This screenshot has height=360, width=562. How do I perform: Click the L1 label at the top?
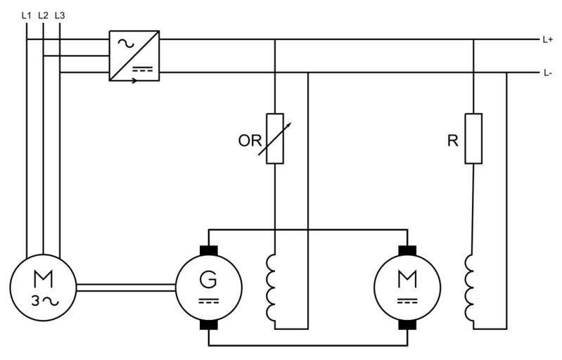point(27,14)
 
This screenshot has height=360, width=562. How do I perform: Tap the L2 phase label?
point(44,14)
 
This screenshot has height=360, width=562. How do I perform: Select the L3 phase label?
point(60,14)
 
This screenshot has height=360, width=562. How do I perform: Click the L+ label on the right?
point(548,40)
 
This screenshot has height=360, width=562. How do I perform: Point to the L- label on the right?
point(547,73)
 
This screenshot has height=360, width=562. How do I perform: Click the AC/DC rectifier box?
point(134,56)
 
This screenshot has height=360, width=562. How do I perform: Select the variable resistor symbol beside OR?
point(275,138)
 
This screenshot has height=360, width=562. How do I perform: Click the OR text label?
point(249,140)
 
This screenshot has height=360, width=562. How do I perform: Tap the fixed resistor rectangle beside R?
point(473,138)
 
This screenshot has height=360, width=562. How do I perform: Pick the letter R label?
point(452,141)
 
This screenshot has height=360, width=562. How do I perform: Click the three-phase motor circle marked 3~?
point(42,287)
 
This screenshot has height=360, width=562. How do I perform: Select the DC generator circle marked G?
point(209,287)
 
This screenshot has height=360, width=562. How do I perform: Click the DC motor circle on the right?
point(407,287)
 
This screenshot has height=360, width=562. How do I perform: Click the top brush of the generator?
point(209,250)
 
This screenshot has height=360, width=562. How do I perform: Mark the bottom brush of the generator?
point(209,325)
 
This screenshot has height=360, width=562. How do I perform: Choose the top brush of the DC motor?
point(407,250)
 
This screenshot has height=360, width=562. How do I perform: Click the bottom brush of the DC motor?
point(407,325)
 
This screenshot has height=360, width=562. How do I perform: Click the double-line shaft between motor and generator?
point(125,287)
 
